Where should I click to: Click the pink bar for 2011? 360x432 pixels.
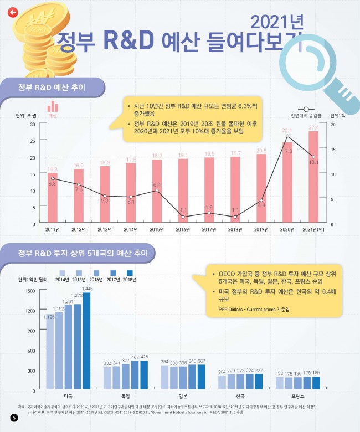52,198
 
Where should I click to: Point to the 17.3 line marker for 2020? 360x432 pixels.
287,136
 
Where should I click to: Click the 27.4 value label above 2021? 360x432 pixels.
313,128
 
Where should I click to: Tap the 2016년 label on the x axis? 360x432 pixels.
183,229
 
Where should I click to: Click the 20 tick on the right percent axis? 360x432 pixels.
332,125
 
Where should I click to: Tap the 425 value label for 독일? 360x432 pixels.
144,357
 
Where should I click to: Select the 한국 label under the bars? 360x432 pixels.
240,397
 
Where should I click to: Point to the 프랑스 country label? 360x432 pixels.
297,397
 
